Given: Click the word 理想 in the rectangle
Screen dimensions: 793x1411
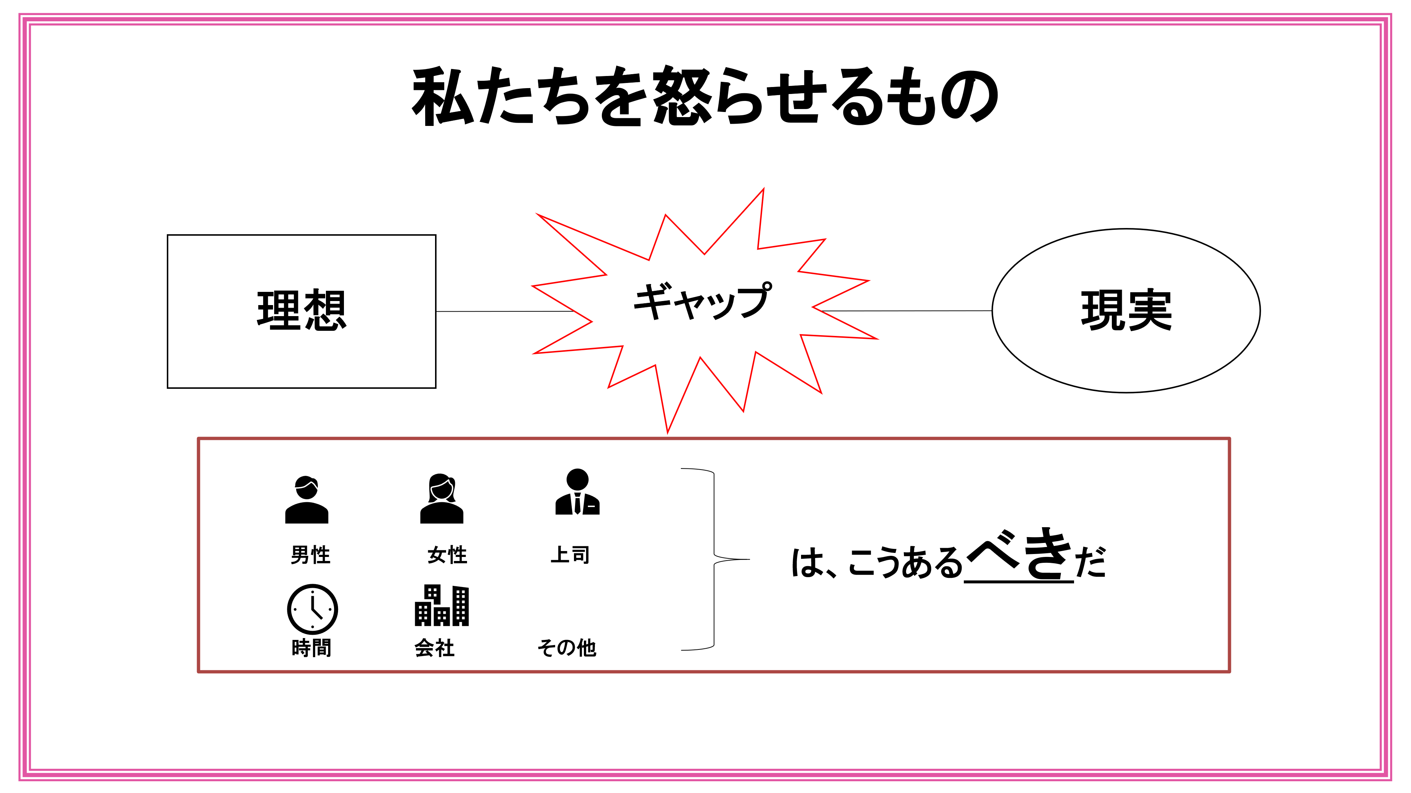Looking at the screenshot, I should coord(301,310).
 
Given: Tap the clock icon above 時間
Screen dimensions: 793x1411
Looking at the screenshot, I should coord(312,609).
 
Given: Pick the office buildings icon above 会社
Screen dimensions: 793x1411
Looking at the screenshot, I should coord(441,605).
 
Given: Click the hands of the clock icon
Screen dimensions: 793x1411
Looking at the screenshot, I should coord(315,609).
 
